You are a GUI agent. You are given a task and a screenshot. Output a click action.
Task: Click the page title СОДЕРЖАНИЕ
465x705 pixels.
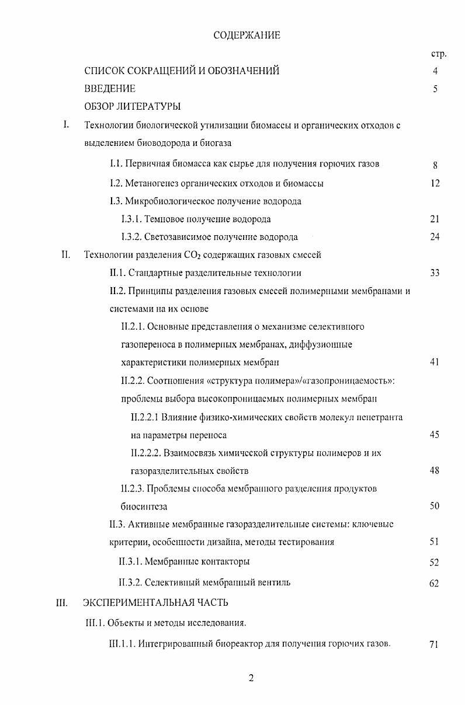click(x=247, y=36)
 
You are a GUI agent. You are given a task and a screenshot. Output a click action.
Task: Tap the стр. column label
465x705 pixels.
click(x=438, y=54)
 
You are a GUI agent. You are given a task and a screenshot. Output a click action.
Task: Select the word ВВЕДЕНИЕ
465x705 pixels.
click(x=110, y=89)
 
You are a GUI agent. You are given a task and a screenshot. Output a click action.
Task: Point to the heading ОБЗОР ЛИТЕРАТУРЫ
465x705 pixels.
click(x=132, y=106)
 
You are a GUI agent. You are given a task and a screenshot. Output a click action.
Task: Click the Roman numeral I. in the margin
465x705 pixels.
click(x=67, y=124)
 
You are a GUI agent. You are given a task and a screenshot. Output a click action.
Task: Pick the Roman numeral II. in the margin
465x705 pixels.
click(x=66, y=254)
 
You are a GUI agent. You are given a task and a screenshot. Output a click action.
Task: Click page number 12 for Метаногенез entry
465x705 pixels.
click(x=434, y=183)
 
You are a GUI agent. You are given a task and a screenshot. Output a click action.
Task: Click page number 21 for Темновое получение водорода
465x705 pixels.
click(x=434, y=219)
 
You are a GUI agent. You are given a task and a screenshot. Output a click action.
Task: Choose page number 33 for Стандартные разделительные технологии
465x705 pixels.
click(x=434, y=273)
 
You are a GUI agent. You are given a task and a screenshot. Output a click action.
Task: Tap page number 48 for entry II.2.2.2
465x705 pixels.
click(x=434, y=471)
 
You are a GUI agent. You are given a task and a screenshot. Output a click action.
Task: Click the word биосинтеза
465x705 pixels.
click(x=144, y=507)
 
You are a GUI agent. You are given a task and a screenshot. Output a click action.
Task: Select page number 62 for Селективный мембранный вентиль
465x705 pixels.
click(x=434, y=583)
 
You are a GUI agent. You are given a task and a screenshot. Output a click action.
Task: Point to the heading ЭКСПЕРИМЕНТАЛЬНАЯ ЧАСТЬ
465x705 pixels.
click(x=156, y=602)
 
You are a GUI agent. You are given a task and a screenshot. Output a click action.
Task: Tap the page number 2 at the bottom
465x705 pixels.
click(x=251, y=678)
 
